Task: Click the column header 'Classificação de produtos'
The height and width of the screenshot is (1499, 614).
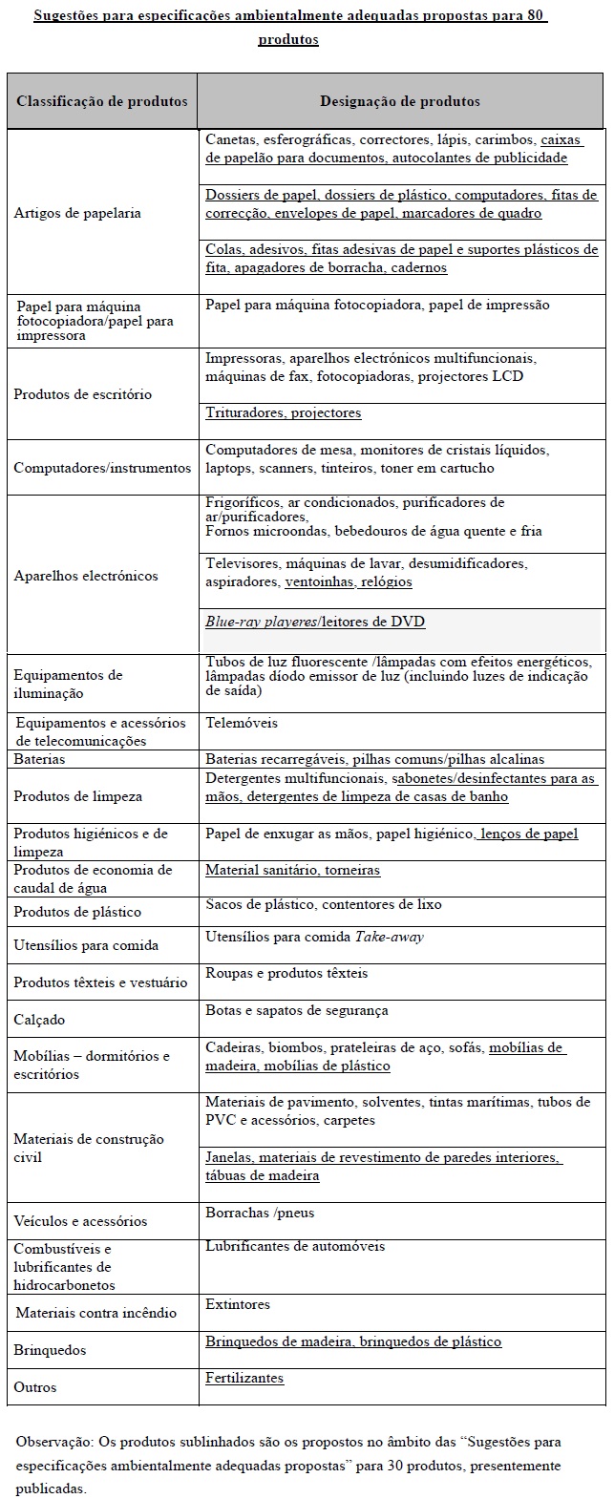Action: pyautogui.click(x=101, y=101)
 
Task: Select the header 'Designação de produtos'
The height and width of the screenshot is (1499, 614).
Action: pyautogui.click(x=400, y=101)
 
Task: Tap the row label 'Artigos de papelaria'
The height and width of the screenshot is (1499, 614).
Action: pyautogui.click(x=77, y=213)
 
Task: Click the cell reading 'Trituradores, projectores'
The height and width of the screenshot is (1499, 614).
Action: pyautogui.click(x=284, y=413)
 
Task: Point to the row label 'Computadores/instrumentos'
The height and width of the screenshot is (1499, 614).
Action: pyautogui.click(x=102, y=468)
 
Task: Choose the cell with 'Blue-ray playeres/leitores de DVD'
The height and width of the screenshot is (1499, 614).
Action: pyautogui.click(x=315, y=622)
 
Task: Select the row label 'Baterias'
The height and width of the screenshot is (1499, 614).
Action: pyautogui.click(x=39, y=759)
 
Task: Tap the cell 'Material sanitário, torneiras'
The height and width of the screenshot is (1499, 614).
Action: pyautogui.click(x=292, y=870)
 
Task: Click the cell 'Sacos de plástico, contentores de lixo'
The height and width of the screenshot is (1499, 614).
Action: pyautogui.click(x=324, y=904)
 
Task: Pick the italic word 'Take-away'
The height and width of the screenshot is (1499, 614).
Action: pyautogui.click(x=389, y=937)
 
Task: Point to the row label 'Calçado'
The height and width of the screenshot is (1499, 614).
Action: pyautogui.click(x=39, y=1020)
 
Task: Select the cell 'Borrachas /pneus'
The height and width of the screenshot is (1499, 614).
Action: pyautogui.click(x=260, y=1213)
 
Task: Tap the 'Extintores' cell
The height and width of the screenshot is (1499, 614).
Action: pyautogui.click(x=238, y=1304)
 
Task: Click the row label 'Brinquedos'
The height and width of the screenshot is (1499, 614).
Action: pyautogui.click(x=50, y=1350)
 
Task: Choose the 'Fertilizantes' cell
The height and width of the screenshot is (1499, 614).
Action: pyautogui.click(x=244, y=1378)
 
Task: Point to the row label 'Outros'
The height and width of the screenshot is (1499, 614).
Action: pyautogui.click(x=34, y=1387)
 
